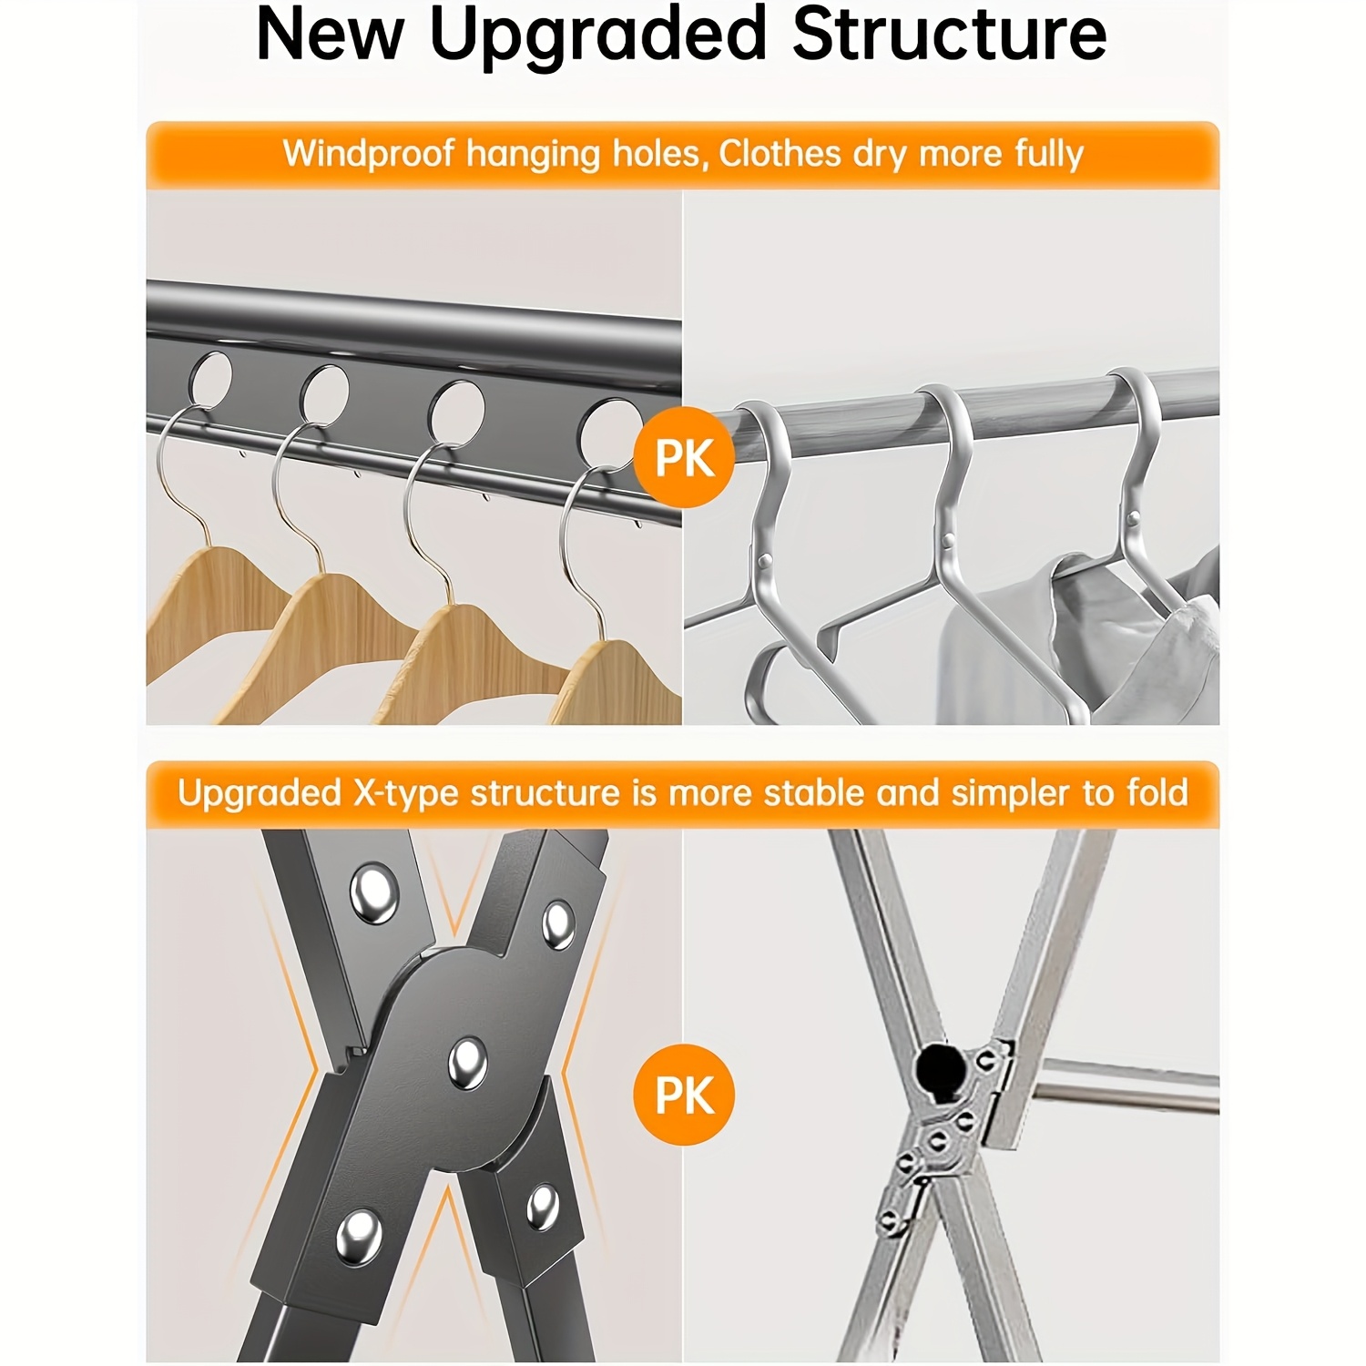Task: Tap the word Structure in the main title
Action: (x=949, y=35)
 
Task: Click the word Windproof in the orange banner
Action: (x=367, y=154)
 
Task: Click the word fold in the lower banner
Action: (x=1157, y=792)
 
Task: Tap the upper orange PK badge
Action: (x=684, y=457)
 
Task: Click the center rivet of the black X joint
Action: (x=467, y=1063)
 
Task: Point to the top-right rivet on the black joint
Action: (x=558, y=924)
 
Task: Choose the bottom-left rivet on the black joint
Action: (x=359, y=1238)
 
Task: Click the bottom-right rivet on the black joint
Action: (x=543, y=1207)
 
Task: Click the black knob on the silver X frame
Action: (x=939, y=1066)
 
